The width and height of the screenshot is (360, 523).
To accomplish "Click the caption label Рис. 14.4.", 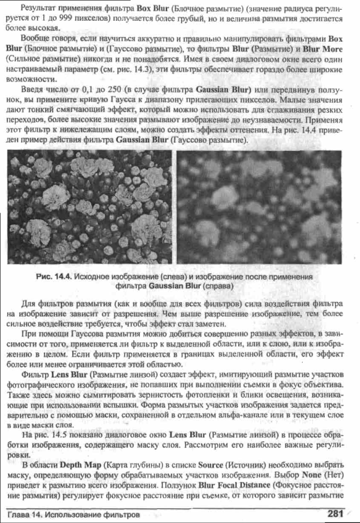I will (56, 276).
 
